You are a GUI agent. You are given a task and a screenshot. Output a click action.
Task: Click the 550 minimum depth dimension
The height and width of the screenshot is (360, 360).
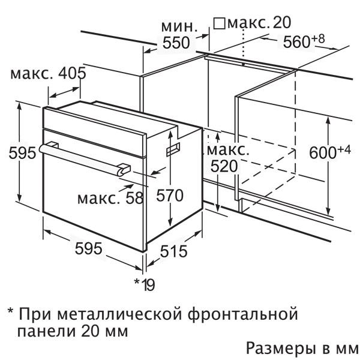(x=176, y=43)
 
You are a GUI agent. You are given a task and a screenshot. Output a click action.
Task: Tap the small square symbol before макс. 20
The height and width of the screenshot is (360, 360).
(x=219, y=23)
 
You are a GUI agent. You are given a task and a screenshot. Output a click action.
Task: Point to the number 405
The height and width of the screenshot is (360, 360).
(x=73, y=73)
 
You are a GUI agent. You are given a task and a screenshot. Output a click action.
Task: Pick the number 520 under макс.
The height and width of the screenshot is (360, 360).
(x=224, y=166)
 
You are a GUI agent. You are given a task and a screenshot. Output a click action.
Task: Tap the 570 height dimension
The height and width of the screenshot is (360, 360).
(x=170, y=196)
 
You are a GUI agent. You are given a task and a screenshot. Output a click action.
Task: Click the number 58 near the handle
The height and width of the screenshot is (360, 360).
(x=134, y=198)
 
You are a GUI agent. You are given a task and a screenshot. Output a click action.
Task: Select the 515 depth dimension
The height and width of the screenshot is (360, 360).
(x=173, y=251)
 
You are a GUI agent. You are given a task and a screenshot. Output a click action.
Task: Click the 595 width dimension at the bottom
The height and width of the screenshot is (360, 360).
(x=89, y=248)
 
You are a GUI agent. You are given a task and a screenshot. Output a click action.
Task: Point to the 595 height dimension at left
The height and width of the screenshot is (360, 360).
(x=22, y=152)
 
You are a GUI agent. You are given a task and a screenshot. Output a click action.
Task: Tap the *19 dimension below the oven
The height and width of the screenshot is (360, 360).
(x=145, y=284)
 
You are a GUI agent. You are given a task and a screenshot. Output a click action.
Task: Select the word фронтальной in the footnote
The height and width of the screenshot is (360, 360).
(x=242, y=314)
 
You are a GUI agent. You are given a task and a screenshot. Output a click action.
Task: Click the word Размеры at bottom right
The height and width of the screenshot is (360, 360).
(x=280, y=349)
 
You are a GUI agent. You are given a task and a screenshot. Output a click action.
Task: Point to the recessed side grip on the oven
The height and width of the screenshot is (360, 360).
(x=173, y=149)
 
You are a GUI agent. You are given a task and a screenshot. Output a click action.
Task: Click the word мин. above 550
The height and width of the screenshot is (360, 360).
(x=179, y=27)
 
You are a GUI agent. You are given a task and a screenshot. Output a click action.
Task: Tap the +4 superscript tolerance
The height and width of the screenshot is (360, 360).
(x=344, y=150)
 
